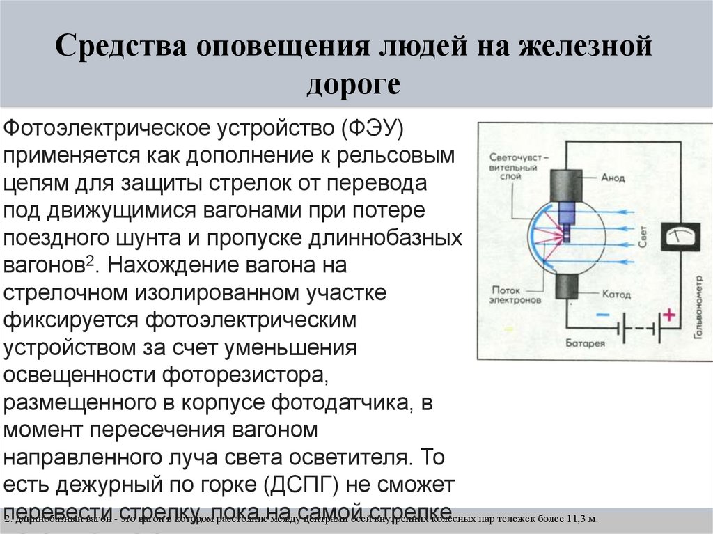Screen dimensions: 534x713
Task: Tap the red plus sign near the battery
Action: tap(668, 315)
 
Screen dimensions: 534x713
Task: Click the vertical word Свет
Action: tap(643, 237)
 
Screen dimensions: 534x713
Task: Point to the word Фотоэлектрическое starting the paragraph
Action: tap(109, 129)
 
